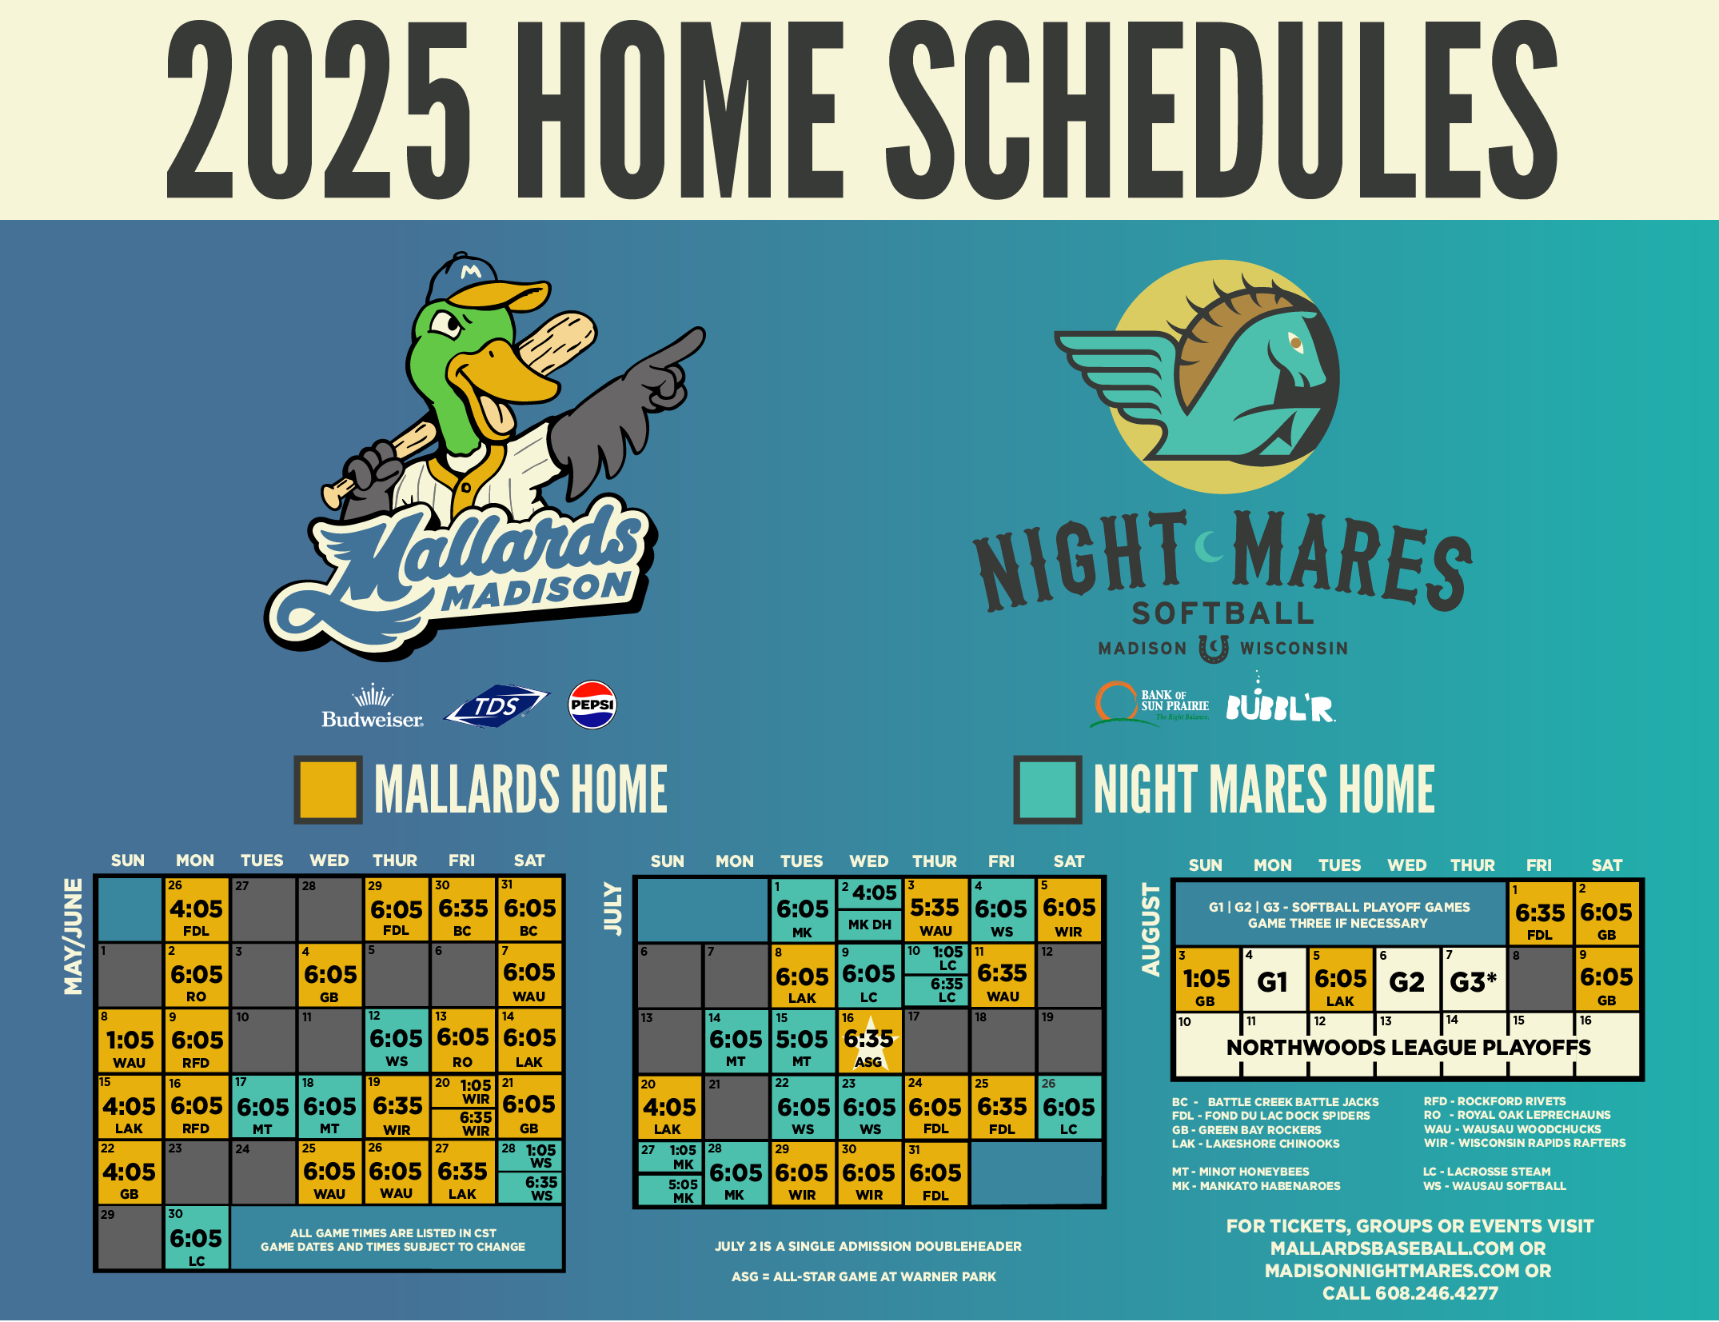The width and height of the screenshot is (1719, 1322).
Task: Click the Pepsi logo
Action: click(592, 705)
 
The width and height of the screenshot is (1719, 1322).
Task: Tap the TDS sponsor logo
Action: click(497, 706)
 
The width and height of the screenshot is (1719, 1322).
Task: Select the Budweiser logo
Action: click(373, 707)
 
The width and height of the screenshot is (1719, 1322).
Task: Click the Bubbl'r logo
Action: click(1281, 700)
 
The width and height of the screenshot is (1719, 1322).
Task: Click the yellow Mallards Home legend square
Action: click(328, 789)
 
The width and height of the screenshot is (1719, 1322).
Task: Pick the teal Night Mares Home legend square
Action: click(1047, 789)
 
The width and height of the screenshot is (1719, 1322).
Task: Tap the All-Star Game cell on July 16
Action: click(869, 1041)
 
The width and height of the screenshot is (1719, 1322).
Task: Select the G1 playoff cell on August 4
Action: click(1274, 980)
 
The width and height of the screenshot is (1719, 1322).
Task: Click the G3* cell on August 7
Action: click(1474, 980)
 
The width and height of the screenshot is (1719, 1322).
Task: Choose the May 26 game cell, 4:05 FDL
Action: click(197, 909)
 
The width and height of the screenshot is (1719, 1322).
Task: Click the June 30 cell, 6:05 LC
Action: click(197, 1238)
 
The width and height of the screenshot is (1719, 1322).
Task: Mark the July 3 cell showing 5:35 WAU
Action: click(935, 909)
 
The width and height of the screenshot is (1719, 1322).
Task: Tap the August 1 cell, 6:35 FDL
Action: click(1540, 913)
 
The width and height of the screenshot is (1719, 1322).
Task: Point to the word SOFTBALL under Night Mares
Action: click(1223, 613)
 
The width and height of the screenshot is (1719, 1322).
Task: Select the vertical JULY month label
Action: click(612, 908)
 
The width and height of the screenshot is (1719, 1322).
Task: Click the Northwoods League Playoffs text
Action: click(1409, 1048)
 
